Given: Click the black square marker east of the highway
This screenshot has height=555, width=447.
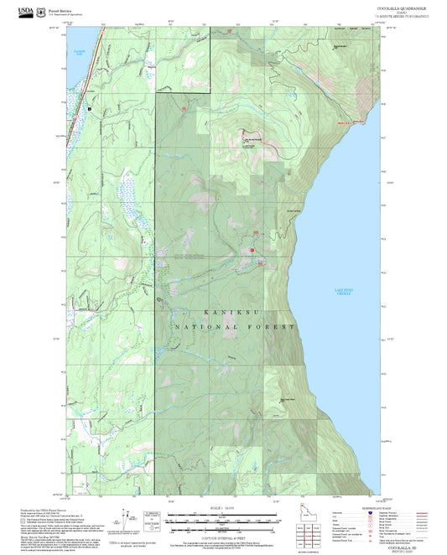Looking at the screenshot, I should [x=91, y=108].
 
